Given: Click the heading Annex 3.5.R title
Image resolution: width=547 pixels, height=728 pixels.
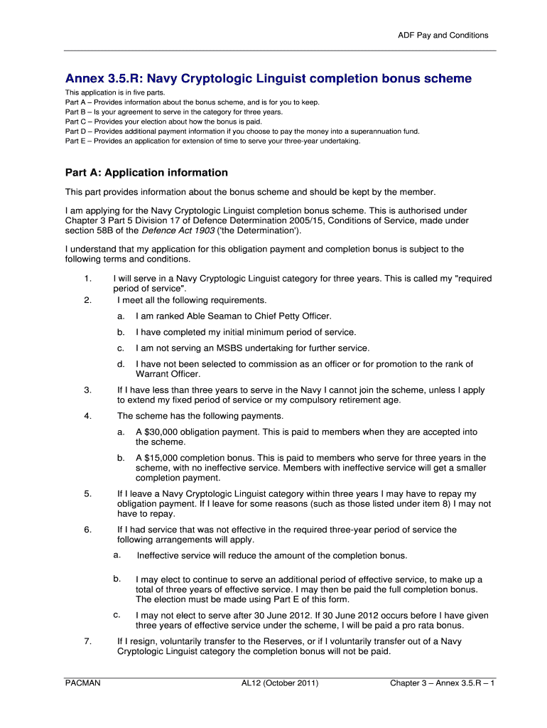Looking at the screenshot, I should tap(268, 78).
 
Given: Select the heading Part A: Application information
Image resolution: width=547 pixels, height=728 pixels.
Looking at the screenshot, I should tap(146, 173).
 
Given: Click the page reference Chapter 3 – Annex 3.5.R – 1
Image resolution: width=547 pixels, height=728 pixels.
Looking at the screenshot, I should tap(442, 683).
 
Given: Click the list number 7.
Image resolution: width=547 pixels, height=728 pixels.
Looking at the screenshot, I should tap(87, 641).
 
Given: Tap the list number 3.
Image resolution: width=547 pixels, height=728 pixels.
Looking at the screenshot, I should tap(87, 390).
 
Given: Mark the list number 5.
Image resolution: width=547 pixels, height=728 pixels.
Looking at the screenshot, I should tap(87, 493).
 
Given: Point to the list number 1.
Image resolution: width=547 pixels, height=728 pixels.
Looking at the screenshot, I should tap(87, 279).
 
